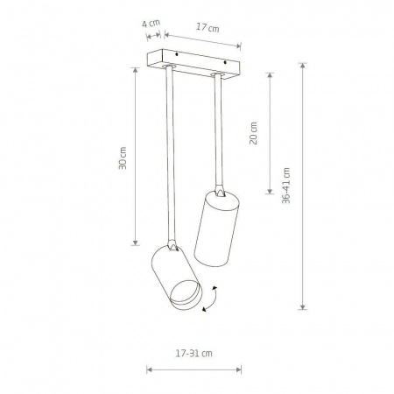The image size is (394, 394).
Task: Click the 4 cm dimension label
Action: pos(151,23)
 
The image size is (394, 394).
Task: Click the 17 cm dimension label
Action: pos(208,28)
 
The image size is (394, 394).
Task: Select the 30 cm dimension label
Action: pos(123,158)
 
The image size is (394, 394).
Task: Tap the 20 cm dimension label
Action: pos(253,133)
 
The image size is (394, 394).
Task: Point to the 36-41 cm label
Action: pos(286,186)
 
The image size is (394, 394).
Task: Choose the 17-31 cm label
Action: pos(194,354)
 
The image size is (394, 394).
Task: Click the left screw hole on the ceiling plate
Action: pos(177,54)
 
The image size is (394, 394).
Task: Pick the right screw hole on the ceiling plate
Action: pos(225,62)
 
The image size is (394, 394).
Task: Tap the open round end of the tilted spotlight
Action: pos(186,295)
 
